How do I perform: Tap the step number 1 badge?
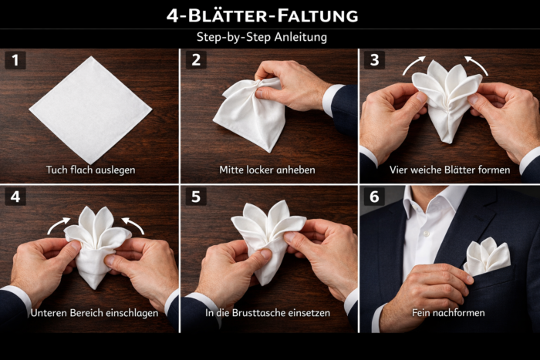coord(15,60)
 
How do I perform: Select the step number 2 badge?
coord(195,60)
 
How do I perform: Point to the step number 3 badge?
coord(374,60)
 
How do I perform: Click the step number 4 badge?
coord(15,197)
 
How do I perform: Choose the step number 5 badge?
coord(195,197)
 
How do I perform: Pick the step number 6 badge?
coord(374,197)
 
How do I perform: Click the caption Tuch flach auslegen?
coord(89,170)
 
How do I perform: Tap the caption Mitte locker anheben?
coord(268,170)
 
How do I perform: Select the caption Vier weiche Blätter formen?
coord(448,170)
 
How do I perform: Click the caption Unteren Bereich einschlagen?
coord(90,313)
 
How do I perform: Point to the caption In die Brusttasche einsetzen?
coord(268,313)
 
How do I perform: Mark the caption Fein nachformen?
coord(448,313)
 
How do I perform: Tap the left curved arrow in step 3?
coord(414,66)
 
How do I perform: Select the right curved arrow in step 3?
coord(476,66)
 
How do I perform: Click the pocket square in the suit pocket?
coord(486,257)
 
